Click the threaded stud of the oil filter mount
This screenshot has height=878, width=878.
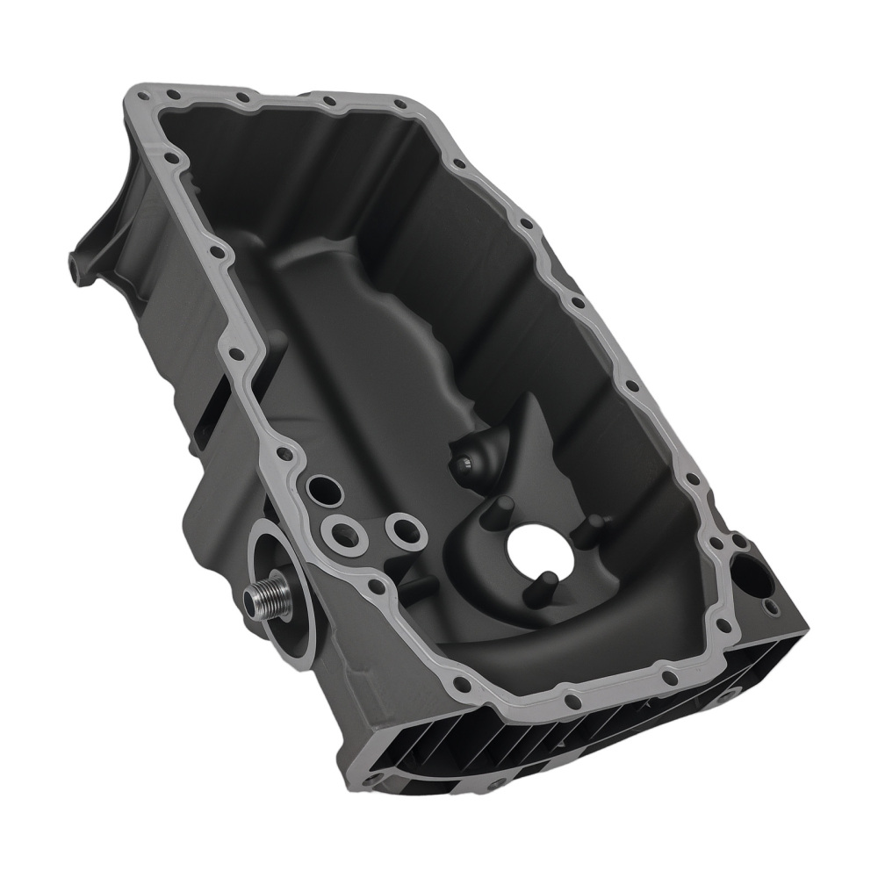[x=263, y=600]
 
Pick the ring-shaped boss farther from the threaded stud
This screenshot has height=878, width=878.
[x=405, y=529]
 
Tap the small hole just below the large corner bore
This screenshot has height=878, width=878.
[x=771, y=607]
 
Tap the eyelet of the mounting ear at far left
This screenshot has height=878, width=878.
[x=76, y=260]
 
